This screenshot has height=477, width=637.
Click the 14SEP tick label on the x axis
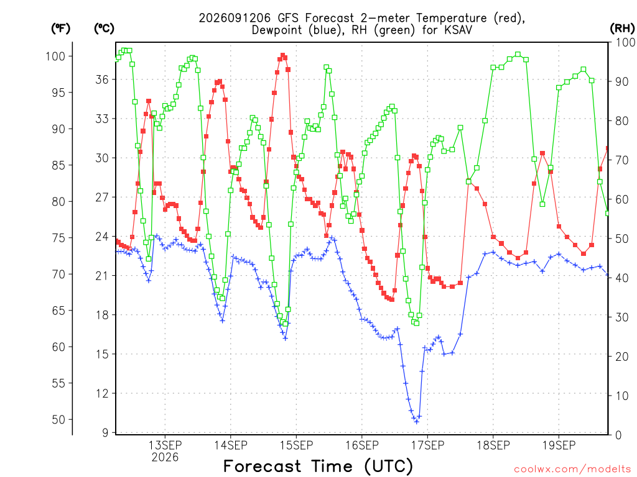pyautogui.click(x=231, y=445)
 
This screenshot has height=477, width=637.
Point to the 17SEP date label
pyautogui.click(x=427, y=445)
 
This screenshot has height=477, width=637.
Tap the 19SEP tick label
pyautogui.click(x=559, y=445)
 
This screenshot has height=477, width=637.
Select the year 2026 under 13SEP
pyautogui.click(x=165, y=457)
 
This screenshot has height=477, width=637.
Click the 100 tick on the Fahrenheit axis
pyautogui.click(x=55, y=56)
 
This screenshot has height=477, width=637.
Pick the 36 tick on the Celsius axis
pyautogui.click(x=102, y=79)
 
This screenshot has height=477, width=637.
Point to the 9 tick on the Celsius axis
pyautogui.click(x=106, y=433)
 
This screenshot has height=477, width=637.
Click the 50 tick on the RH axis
pyautogui.click(x=622, y=238)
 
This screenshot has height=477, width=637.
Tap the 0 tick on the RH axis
pyautogui.click(x=618, y=435)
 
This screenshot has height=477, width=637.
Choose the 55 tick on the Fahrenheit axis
pyautogui.click(x=58, y=383)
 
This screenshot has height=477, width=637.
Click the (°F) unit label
pyautogui.click(x=60, y=29)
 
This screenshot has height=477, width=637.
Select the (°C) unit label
pyautogui.click(x=104, y=29)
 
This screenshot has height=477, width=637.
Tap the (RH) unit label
pyautogui.click(x=622, y=29)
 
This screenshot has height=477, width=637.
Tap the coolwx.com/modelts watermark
pyautogui.click(x=572, y=470)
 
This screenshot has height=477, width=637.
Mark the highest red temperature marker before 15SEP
pyautogui.click(x=283, y=55)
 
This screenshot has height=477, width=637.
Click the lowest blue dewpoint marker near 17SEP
pyautogui.click(x=416, y=422)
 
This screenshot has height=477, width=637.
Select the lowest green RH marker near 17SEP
pyautogui.click(x=416, y=323)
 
